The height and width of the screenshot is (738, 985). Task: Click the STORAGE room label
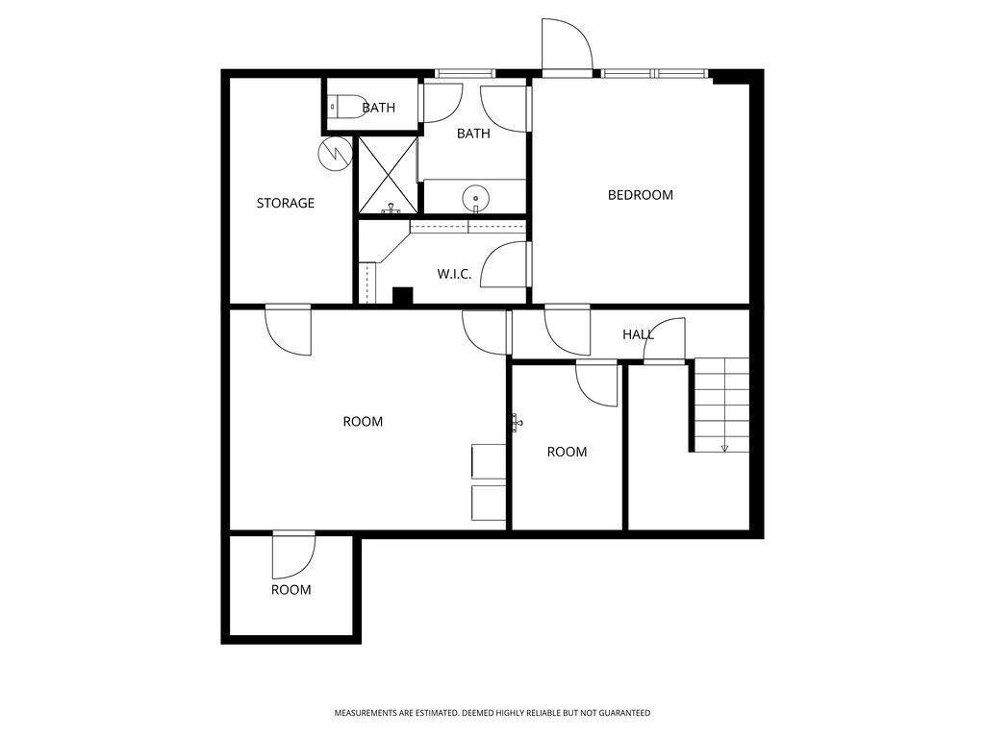285,203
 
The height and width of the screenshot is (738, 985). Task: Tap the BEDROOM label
640,194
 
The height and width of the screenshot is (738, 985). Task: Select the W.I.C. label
454,274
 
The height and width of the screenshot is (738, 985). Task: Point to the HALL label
639,334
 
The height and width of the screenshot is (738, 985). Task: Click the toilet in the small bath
347,107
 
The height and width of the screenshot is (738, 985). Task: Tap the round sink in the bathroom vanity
475,198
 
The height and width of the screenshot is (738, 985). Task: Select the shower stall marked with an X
388,176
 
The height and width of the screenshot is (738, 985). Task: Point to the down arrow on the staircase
724,448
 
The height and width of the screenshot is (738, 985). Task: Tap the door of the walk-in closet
506,264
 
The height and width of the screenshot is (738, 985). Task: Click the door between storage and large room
288,330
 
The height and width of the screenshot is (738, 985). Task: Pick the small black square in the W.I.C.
403,296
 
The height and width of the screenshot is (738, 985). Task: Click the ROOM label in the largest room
363,422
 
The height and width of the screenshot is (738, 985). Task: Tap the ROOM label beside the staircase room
567,452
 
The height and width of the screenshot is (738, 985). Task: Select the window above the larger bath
466,73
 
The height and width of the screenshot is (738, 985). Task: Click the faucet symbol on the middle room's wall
517,423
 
